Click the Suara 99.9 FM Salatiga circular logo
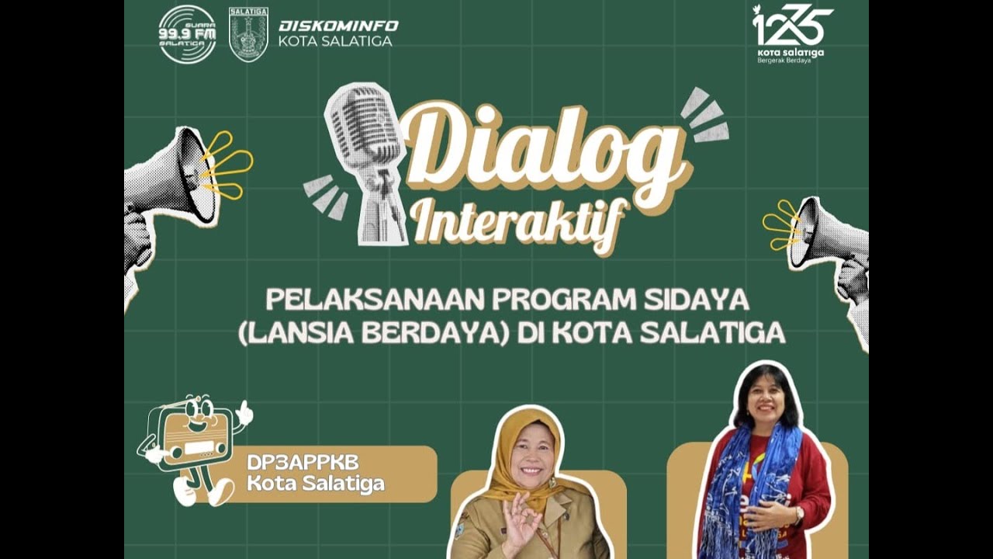[187, 34]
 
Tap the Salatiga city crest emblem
[248, 35]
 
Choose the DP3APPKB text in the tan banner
[303, 462]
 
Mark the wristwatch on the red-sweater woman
[798, 514]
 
